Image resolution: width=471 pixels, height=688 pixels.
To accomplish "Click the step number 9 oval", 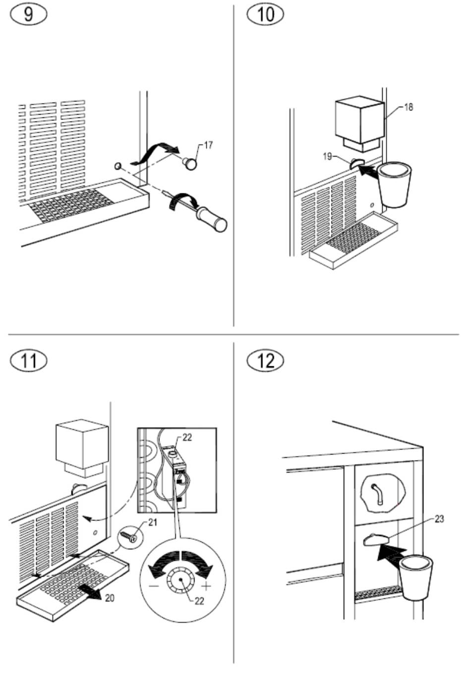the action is (29, 14).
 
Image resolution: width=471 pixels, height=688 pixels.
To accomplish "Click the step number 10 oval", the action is (265, 14).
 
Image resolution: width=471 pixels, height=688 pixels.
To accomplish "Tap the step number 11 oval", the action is (29, 361).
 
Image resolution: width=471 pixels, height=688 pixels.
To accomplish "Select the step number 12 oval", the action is (265, 361).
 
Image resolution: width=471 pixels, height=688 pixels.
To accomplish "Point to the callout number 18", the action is (409, 107).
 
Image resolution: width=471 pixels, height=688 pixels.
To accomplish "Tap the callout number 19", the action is (328, 157).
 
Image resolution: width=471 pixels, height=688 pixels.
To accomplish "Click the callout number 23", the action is (439, 519).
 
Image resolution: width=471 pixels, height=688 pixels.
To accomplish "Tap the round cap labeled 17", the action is (189, 163).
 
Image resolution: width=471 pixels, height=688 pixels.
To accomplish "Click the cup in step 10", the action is (394, 185).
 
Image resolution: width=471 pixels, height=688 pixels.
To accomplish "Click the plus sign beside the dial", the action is (206, 586).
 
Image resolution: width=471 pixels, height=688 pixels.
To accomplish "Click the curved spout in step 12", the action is (377, 494).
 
